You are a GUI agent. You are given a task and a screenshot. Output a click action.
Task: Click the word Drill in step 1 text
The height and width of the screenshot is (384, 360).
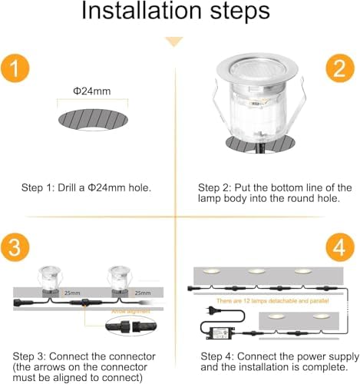[64, 187]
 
